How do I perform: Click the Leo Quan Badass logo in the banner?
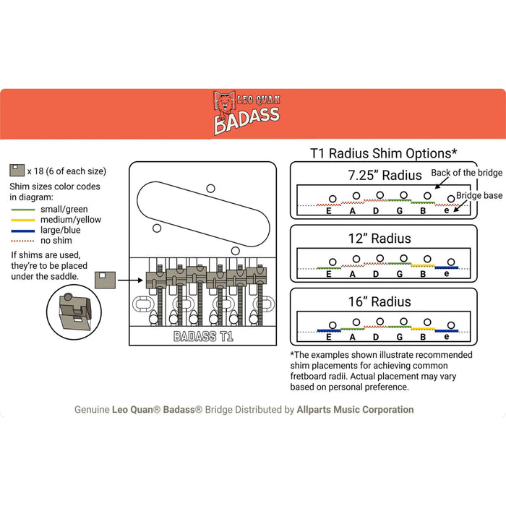(246, 113)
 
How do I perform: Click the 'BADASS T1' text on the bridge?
(203, 336)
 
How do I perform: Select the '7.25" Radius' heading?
(383, 175)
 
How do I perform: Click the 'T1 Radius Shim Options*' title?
(383, 153)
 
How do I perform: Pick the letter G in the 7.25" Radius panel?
(400, 211)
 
